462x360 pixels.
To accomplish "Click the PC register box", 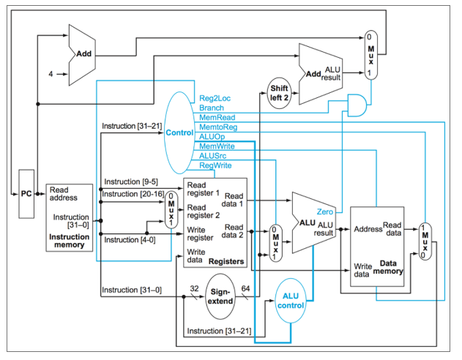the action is click(26, 194).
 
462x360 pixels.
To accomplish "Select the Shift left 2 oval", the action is click(279, 93).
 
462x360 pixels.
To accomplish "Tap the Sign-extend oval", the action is click(220, 296).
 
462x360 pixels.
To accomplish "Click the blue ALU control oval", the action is click(291, 301).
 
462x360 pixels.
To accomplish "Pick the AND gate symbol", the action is click(357, 105).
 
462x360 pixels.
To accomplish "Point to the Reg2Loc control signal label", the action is click(215, 98).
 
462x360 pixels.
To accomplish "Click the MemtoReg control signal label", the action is click(218, 127).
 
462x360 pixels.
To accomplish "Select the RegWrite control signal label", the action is click(215, 165).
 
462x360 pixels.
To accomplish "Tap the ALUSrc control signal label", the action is click(213, 156).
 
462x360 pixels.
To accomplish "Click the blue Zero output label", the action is click(324, 211).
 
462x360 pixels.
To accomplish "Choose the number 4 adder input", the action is click(51, 74).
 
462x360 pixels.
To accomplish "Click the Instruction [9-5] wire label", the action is click(131, 181).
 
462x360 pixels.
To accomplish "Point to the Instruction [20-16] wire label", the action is click(133, 194).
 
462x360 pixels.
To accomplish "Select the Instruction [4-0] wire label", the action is click(130, 240).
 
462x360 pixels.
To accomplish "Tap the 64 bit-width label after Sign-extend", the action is click(245, 288).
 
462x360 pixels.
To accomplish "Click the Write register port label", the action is click(200, 233).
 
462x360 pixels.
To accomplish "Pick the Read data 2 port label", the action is click(233, 231).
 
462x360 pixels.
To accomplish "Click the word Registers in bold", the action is click(226, 261).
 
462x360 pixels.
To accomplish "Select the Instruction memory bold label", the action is click(70, 241).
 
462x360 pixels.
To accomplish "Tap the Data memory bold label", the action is click(388, 267).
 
